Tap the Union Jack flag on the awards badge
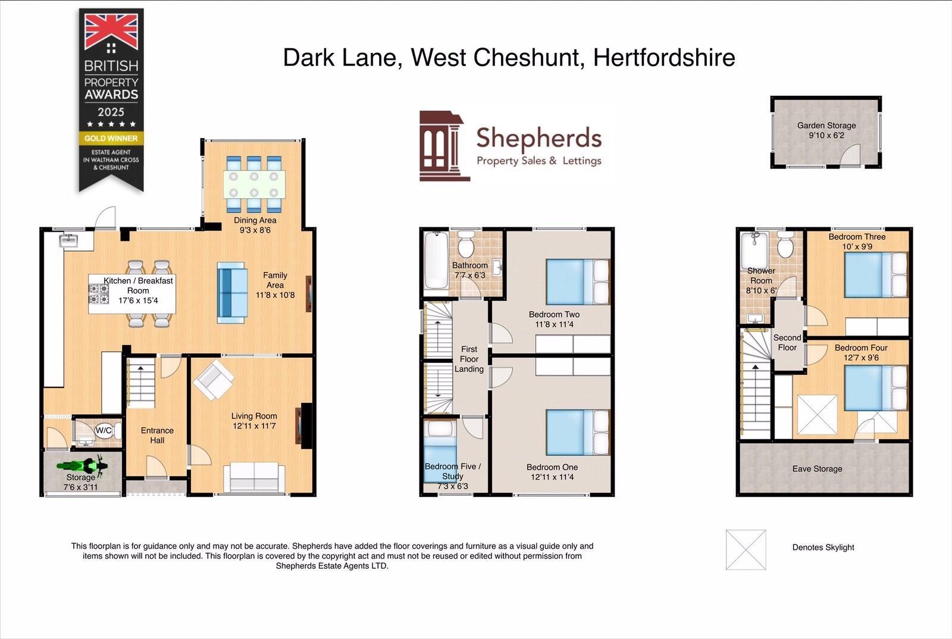click(111, 32)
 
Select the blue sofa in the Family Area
click(232, 293)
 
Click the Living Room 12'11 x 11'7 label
click(254, 421)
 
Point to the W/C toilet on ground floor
click(105, 430)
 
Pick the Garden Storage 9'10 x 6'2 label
click(826, 130)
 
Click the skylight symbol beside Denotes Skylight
click(746, 550)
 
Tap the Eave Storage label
click(817, 469)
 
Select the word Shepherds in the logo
click(538, 138)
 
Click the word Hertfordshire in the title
click(664, 58)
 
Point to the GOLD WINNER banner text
click(111, 138)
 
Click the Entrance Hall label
click(157, 435)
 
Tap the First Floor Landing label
click(469, 359)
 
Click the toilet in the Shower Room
click(785, 245)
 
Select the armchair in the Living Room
click(213, 380)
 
